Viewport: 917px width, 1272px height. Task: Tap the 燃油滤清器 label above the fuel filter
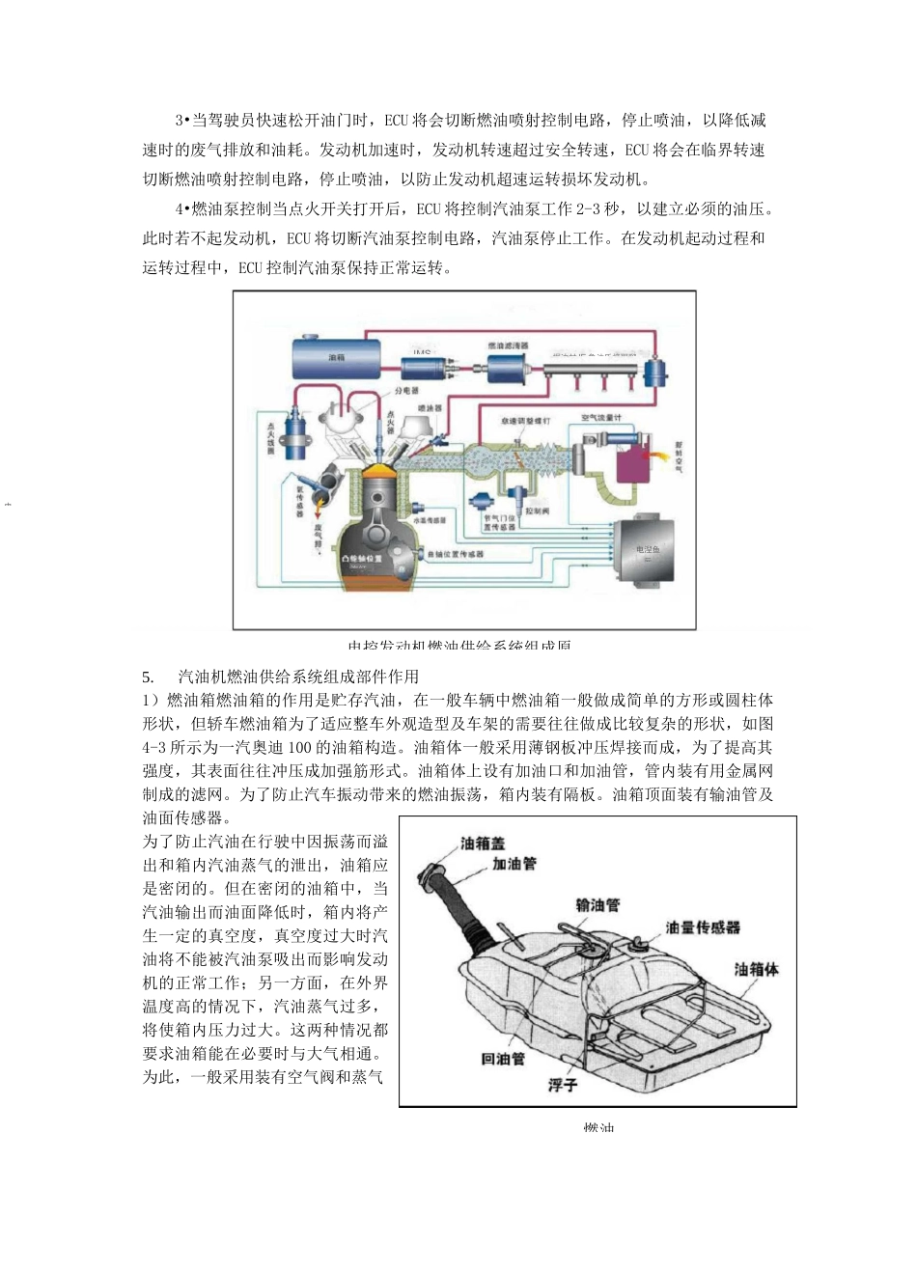tap(507, 345)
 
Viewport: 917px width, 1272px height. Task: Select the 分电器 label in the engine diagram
tap(405, 392)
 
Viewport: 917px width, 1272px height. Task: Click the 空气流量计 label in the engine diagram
tap(600, 418)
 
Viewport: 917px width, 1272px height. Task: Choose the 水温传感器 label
tap(430, 520)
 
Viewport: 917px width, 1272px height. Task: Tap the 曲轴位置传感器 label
tap(454, 554)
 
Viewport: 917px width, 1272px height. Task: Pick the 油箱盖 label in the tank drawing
tap(483, 843)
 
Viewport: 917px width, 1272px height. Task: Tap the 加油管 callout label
tap(514, 864)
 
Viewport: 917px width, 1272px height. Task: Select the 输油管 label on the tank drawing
tap(597, 905)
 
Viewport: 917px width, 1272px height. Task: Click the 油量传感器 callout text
tap(703, 927)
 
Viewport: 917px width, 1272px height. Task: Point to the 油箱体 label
tap(756, 969)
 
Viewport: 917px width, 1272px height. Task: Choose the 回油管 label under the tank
tap(503, 1059)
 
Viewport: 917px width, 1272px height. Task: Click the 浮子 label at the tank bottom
tap(562, 1086)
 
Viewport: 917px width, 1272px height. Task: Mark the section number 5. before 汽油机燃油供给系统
tap(148, 677)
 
